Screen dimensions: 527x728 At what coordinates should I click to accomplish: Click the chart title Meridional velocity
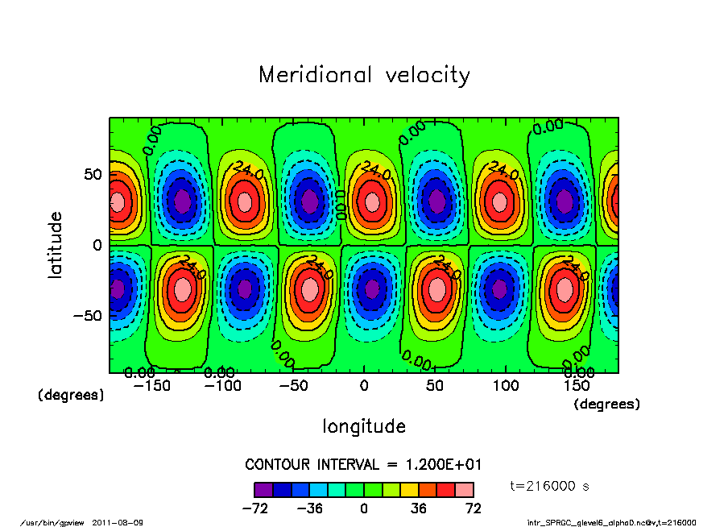[364, 75]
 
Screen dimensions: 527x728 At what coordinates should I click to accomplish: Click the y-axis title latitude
[56, 245]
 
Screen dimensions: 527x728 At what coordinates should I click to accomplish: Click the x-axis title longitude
[364, 426]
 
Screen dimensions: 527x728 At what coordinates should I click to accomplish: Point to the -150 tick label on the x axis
[152, 386]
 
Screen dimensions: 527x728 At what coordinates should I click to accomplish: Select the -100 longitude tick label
[223, 386]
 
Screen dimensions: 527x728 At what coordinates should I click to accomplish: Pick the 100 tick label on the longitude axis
[506, 386]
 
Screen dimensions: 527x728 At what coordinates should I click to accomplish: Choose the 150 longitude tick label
[577, 386]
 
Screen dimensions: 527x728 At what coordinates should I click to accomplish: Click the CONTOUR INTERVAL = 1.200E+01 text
[363, 465]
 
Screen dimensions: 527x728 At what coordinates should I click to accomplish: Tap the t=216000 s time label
[552, 486]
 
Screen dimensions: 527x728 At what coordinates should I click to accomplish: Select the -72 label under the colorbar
[254, 508]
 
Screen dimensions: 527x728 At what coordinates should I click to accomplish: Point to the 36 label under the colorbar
[419, 508]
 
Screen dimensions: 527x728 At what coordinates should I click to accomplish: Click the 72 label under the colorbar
[474, 508]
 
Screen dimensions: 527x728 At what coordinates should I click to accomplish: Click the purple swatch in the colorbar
[263, 489]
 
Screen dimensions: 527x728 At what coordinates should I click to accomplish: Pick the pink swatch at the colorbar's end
[465, 489]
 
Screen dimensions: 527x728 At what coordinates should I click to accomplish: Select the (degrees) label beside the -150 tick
[71, 396]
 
